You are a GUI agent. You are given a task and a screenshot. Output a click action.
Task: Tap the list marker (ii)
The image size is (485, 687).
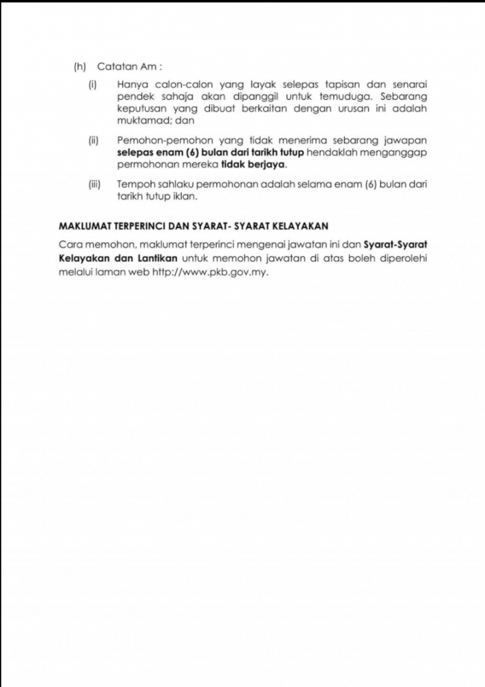coord(94,140)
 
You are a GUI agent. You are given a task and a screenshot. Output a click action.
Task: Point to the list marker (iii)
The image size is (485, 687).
coord(95,183)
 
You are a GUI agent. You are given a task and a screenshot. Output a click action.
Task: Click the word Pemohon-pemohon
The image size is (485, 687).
coord(155,140)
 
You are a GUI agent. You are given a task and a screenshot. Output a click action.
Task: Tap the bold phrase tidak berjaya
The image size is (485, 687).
coord(259,164)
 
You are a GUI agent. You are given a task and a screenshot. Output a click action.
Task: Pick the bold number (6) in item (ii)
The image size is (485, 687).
coord(176,152)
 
